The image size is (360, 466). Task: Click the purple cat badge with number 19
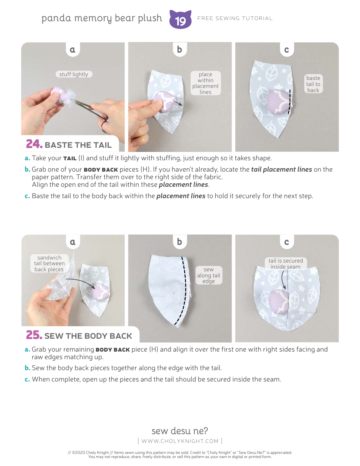point(180,20)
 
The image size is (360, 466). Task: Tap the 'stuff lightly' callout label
point(74,74)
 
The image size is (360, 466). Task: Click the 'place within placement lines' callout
point(205,83)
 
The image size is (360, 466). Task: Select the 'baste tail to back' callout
point(313,84)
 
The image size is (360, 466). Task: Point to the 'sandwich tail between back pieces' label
point(49,263)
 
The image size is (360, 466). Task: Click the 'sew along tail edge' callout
point(208,275)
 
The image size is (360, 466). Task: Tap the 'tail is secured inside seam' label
point(286,263)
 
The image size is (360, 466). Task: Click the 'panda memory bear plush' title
point(102,18)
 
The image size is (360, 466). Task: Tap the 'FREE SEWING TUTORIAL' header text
point(235,18)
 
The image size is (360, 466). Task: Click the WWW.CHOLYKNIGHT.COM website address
point(180,441)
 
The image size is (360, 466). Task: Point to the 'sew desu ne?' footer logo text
point(180,431)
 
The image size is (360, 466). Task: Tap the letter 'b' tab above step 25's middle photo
point(180,242)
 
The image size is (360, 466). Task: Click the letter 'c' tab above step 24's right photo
point(286,50)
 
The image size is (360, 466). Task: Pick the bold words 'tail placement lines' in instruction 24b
point(281,169)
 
